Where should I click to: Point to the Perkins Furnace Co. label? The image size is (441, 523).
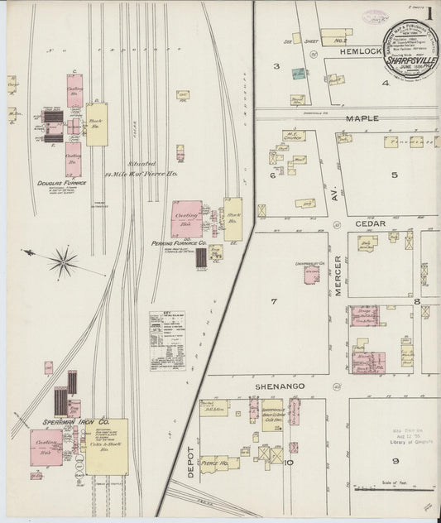point(179,243)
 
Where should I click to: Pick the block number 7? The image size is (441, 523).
point(273,301)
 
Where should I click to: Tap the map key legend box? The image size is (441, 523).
point(167,339)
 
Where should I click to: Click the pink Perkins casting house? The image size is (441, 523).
point(185,219)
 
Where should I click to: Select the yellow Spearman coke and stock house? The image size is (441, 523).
point(107,446)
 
